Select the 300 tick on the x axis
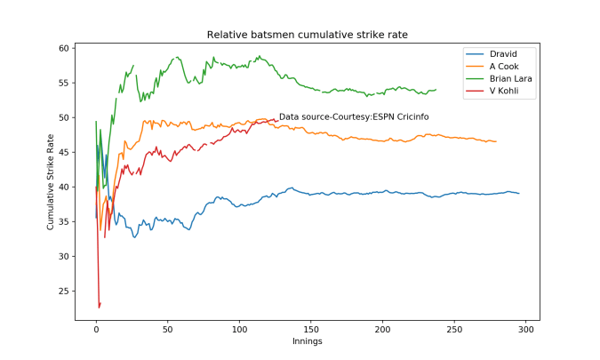click(526, 329)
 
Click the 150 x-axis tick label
click(311, 329)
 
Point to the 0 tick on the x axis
click(96, 329)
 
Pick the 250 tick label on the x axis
click(454, 329)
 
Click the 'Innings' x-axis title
click(308, 341)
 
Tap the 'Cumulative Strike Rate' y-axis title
click(51, 181)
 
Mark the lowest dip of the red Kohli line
click(100, 307)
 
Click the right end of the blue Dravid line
click(519, 194)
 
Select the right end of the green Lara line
click(436, 90)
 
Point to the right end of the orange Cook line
click(496, 141)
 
